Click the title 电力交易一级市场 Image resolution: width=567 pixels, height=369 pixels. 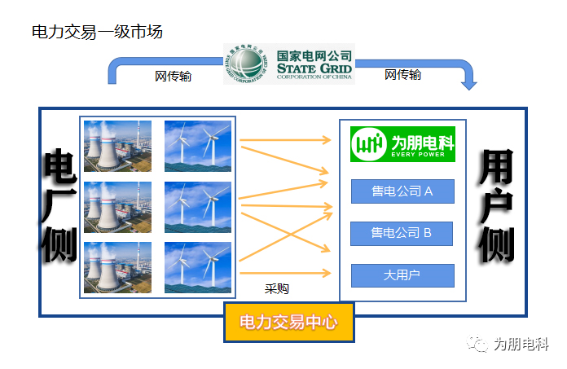97,32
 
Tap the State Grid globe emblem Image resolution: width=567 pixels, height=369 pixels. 246,64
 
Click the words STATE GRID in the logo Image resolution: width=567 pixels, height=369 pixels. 314,68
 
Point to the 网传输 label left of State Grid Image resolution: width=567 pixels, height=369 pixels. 173,77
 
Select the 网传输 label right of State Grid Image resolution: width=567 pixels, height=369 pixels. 402,75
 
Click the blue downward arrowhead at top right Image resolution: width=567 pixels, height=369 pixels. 469,86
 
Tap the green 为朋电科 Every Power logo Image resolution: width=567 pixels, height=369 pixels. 402,144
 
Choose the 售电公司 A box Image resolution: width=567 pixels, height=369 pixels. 402,191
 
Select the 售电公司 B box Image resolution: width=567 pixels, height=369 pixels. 402,234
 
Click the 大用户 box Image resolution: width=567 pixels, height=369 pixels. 402,276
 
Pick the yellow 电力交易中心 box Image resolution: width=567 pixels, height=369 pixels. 289,322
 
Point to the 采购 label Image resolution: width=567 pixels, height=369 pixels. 277,289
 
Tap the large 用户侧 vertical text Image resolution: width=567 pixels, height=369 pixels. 496,206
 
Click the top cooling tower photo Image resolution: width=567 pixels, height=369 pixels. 117,146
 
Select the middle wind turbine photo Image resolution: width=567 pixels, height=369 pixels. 198,207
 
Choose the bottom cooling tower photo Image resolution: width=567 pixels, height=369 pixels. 117,267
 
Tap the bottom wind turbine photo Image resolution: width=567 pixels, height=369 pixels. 198,267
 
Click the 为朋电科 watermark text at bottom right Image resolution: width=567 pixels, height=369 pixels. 521,344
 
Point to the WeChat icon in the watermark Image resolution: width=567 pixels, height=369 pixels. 477,343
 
